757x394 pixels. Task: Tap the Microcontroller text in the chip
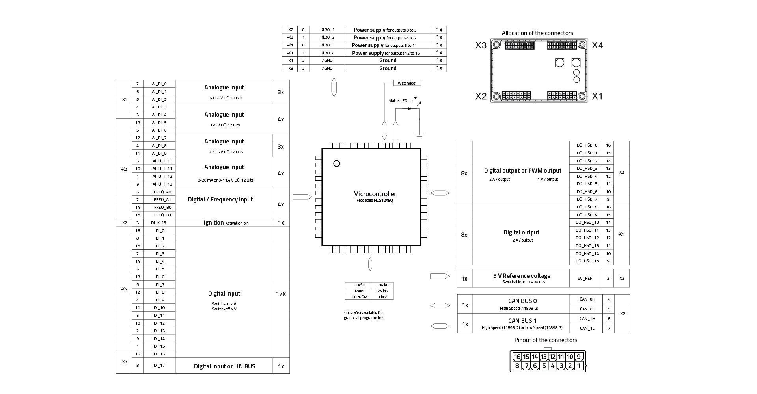coord(375,194)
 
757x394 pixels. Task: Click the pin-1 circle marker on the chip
coord(336,164)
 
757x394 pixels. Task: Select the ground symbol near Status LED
coord(419,136)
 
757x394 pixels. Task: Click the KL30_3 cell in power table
coord(327,45)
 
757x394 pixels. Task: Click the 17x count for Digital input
coord(281,294)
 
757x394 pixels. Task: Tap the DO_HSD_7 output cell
coord(587,199)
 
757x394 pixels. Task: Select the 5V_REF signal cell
coord(585,278)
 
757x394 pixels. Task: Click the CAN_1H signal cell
coord(587,318)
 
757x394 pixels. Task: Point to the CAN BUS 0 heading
coord(522,301)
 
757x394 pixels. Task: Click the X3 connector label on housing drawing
coord(481,46)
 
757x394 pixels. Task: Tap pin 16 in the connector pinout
coord(517,357)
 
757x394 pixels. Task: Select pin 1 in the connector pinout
coord(578,366)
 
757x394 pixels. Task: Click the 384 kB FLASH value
coord(382,285)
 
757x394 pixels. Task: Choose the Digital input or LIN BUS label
coord(224,366)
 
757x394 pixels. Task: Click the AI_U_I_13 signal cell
coord(162,184)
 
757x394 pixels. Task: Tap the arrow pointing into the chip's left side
coord(302,197)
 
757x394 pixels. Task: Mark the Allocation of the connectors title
coord(537,33)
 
